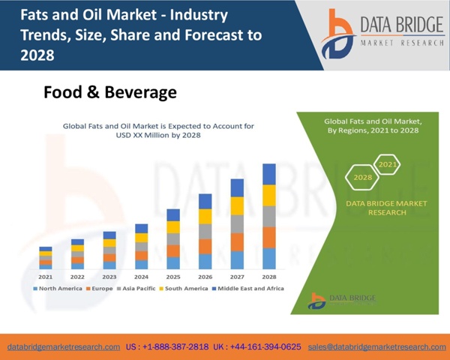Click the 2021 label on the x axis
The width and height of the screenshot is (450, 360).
click(x=46, y=277)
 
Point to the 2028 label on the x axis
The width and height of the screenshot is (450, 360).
click(x=269, y=277)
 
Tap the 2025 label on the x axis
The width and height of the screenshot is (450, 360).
click(x=173, y=277)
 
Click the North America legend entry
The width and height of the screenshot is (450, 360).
click(x=61, y=289)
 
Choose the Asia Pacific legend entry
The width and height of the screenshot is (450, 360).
click(x=139, y=289)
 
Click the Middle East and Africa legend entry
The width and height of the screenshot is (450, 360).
click(x=250, y=289)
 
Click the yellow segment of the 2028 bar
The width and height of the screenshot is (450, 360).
click(x=269, y=195)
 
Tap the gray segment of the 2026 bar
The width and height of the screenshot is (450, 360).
click(x=205, y=232)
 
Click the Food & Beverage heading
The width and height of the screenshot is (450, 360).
click(x=109, y=92)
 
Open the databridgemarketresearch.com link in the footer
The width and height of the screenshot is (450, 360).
click(x=64, y=347)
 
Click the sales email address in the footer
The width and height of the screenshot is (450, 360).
click(x=388, y=347)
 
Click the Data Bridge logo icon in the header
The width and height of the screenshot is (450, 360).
click(x=341, y=36)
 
